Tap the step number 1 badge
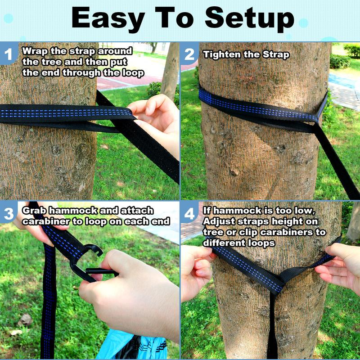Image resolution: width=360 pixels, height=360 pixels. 8,55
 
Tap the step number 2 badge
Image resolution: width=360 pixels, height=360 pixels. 189,55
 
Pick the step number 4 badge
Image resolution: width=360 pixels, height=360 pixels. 189,214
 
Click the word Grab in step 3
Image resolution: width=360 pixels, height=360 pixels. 34,210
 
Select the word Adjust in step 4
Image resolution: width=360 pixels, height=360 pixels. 218,221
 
